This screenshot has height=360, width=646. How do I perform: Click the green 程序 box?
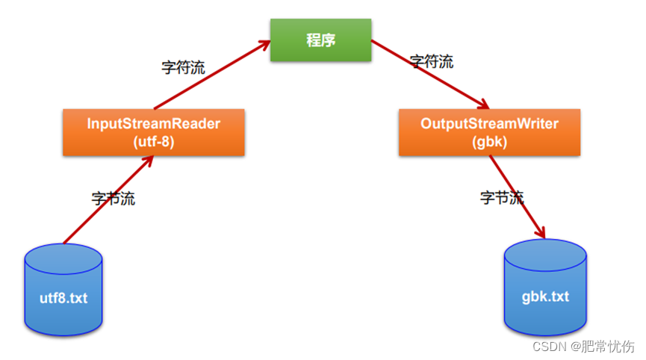coord(320,40)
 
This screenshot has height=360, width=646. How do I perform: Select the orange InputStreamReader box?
coord(153,132)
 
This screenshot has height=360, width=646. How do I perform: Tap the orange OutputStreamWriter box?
coord(489,132)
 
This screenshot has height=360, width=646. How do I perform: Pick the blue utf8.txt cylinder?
coord(63,290)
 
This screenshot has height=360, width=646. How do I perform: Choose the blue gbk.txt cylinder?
coord(545,288)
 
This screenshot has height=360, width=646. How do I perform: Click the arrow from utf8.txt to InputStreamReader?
coord(108,199)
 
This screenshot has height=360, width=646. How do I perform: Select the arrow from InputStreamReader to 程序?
coord(209,75)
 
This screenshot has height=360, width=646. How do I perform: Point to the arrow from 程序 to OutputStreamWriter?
coord(429,74)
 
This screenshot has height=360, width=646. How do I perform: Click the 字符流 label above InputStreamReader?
coord(183,67)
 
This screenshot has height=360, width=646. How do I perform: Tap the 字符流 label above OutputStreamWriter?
coord(432,61)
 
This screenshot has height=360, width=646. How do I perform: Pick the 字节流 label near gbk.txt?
coord(501,197)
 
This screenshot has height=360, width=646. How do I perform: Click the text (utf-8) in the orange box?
coord(153,142)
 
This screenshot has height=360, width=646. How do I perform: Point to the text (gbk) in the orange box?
coord(489,142)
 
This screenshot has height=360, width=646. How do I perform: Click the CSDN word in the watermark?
coord(548,346)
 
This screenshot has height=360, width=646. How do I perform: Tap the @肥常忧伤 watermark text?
coord(602,346)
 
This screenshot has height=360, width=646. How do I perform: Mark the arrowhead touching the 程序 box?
coord(263,45)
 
